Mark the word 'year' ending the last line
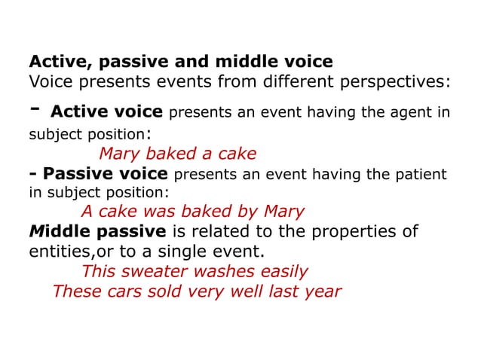[x=321, y=291]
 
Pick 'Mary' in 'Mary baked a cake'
[x=121, y=154]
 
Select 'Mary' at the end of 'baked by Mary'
[x=283, y=212]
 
